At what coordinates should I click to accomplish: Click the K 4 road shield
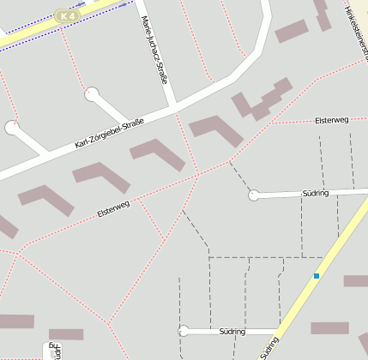point(65,15)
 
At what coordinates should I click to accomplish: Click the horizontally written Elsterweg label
point(331,120)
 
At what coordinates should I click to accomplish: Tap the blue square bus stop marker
point(317,275)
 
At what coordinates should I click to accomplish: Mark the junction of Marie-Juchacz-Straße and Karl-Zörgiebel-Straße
point(175,108)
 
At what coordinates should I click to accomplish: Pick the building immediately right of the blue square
point(356,281)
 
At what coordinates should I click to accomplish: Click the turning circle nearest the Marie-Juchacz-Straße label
point(92,93)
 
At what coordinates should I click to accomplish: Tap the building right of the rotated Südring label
point(329,327)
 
